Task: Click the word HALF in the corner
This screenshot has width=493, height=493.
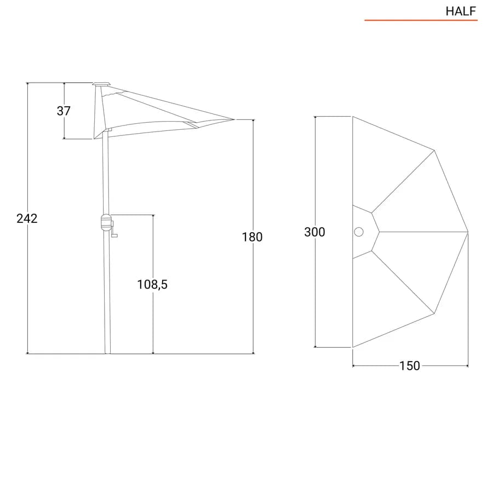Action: pos(461,12)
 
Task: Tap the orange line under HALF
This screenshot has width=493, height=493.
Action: pos(421,20)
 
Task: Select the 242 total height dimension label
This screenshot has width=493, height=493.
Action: pos(27,218)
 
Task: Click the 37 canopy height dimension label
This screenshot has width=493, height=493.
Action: pos(64,111)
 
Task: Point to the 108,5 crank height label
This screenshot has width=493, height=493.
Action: pos(152,284)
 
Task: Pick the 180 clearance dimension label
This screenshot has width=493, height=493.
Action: pos(252,237)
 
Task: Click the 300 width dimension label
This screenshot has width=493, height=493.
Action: pos(315,232)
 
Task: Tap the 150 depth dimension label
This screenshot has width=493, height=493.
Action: pos(410,366)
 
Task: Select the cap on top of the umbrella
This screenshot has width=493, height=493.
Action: pos(101,84)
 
